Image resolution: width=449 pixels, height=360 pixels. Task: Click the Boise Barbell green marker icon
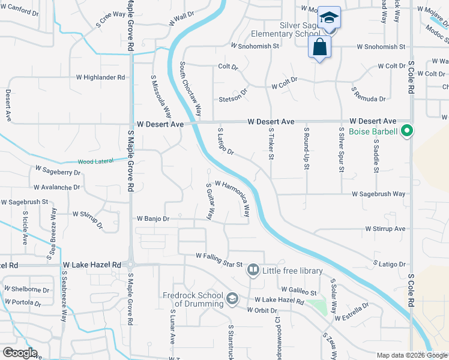coord(407,130)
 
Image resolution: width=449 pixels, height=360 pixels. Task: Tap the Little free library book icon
coord(253,271)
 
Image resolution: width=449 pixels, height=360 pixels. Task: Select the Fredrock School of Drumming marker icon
coord(232,298)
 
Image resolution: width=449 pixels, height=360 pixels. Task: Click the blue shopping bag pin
coord(319,47)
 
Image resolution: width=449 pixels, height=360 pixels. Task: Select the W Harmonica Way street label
coord(232,199)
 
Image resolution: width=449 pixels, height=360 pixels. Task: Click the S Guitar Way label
coord(211,201)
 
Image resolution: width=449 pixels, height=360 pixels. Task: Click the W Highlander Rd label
coord(100,77)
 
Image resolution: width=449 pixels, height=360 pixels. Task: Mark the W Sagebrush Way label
coord(378,194)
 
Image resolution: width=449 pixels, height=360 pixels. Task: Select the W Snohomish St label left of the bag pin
coord(255,46)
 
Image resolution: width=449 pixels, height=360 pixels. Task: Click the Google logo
coord(20,353)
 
